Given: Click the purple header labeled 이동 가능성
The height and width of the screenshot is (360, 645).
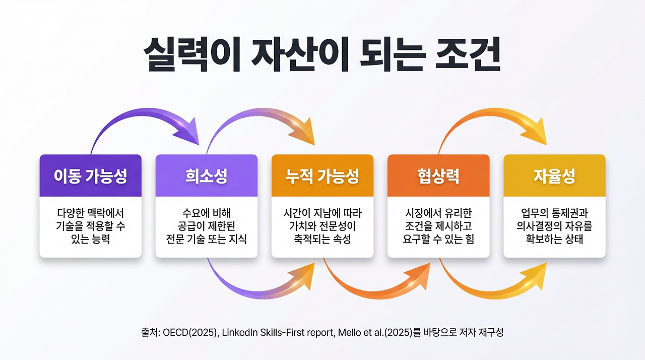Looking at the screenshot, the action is [x=90, y=176].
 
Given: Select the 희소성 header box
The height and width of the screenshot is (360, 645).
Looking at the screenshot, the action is [x=206, y=176].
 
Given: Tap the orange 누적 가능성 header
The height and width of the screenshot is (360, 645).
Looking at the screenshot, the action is [x=322, y=176].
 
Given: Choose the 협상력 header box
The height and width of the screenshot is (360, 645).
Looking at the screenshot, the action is [x=438, y=176].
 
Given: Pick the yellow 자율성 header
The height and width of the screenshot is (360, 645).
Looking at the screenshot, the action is [x=554, y=176].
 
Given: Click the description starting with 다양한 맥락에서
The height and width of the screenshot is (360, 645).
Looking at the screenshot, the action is [x=90, y=226].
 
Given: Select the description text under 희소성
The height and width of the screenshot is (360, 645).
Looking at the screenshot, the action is [x=206, y=226].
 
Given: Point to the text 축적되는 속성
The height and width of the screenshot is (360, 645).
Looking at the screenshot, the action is [x=322, y=239].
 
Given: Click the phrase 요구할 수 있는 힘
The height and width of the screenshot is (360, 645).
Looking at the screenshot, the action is [x=438, y=239].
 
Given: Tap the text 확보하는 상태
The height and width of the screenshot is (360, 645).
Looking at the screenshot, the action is [x=554, y=239].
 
